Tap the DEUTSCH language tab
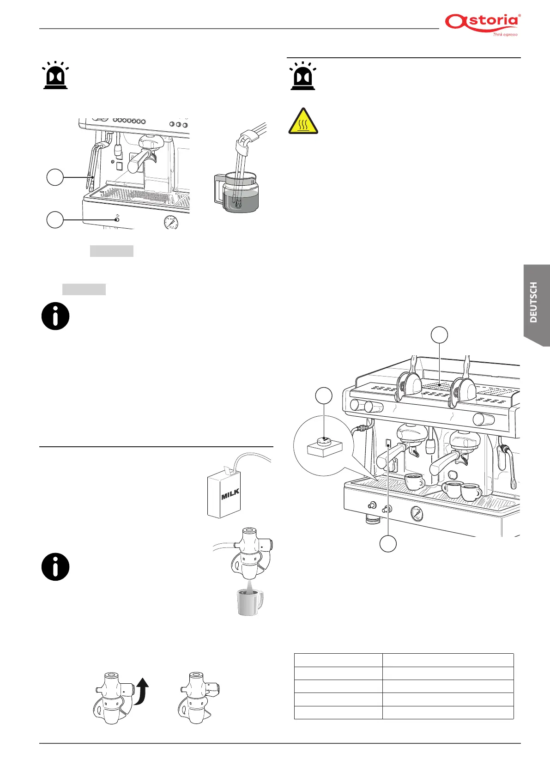click(536, 303)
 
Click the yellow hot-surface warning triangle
click(303, 122)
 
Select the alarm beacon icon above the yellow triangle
click(302, 76)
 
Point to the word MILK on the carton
click(230, 495)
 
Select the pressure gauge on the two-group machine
click(417, 513)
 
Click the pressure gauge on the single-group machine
click(172, 223)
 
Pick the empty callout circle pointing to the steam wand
click(55, 177)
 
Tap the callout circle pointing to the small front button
click(55, 219)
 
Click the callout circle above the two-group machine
click(439, 335)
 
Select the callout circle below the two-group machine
click(388, 544)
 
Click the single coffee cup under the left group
click(414, 481)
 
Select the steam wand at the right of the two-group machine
click(511, 467)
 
